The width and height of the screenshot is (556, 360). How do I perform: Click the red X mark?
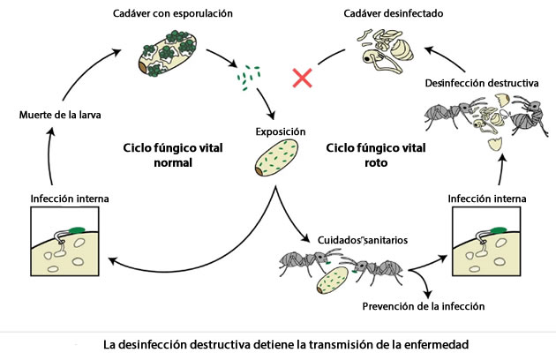click(x=303, y=78)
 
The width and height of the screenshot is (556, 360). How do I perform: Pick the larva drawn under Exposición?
click(x=278, y=161)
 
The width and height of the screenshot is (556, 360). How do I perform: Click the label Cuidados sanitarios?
click(x=351, y=237)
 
